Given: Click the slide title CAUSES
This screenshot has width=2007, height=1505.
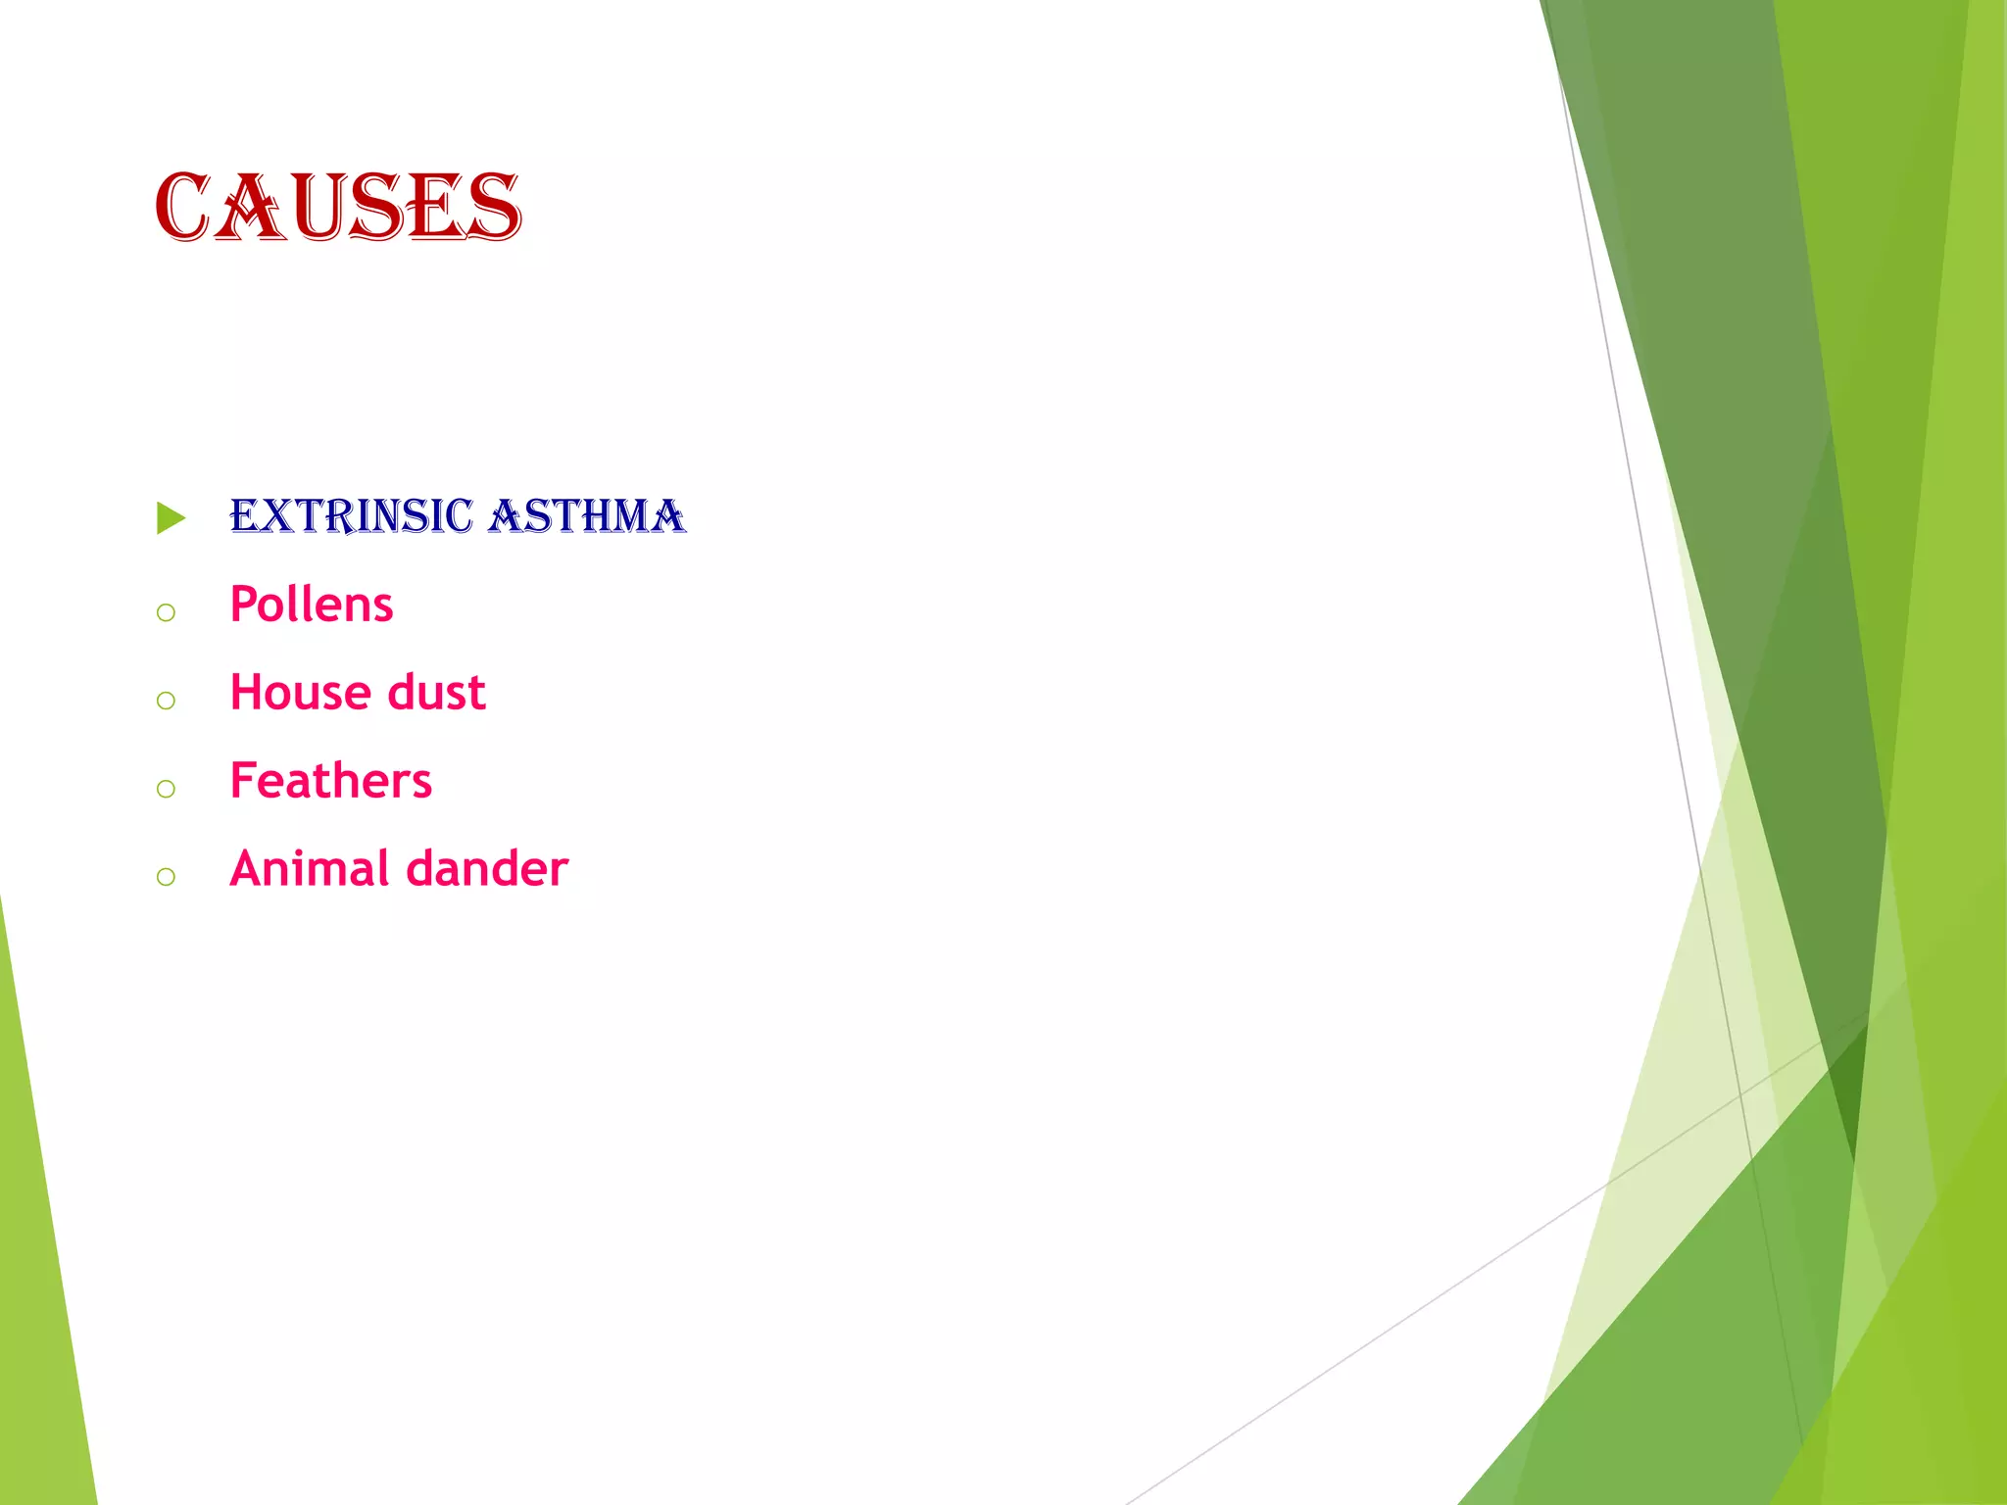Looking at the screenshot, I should click(x=338, y=207).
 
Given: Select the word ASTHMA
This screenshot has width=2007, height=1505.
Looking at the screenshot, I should click(x=587, y=516).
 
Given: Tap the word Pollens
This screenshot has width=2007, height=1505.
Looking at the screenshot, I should click(x=312, y=605).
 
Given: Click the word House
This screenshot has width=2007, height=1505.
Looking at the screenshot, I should click(x=300, y=693).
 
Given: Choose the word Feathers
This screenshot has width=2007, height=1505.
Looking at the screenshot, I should click(x=330, y=781).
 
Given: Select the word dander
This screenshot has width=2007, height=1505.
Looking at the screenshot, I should click(x=487, y=869).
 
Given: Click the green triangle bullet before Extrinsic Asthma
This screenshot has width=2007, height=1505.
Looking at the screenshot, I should click(x=170, y=518).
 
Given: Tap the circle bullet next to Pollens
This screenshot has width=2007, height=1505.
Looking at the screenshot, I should click(x=166, y=613).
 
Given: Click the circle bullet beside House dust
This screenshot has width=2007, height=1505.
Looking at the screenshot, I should click(x=166, y=701).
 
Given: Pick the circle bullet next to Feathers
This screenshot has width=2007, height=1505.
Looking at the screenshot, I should click(x=166, y=789).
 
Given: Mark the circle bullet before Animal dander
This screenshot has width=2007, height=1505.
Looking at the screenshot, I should click(x=166, y=877).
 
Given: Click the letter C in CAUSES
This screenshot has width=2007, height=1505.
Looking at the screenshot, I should click(x=182, y=207).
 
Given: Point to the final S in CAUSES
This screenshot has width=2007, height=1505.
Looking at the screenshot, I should click(x=494, y=207).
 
